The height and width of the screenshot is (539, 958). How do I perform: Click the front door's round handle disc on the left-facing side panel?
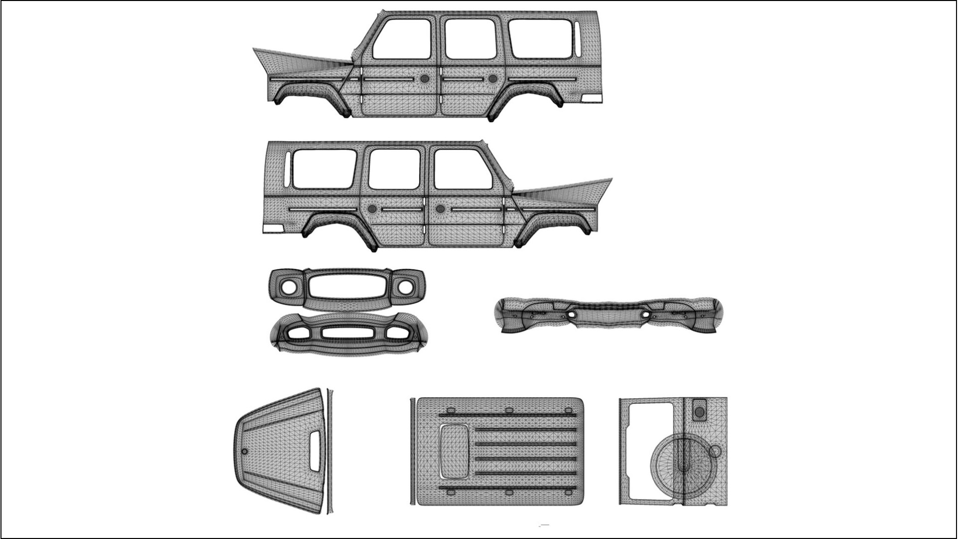[x=425, y=78]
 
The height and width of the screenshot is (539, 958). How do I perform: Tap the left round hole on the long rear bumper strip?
[x=571, y=314]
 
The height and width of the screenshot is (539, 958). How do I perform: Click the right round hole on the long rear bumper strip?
[x=646, y=314]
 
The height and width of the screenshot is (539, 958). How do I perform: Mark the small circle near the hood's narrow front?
[x=244, y=452]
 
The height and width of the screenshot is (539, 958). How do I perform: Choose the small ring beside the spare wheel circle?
[x=716, y=452]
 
